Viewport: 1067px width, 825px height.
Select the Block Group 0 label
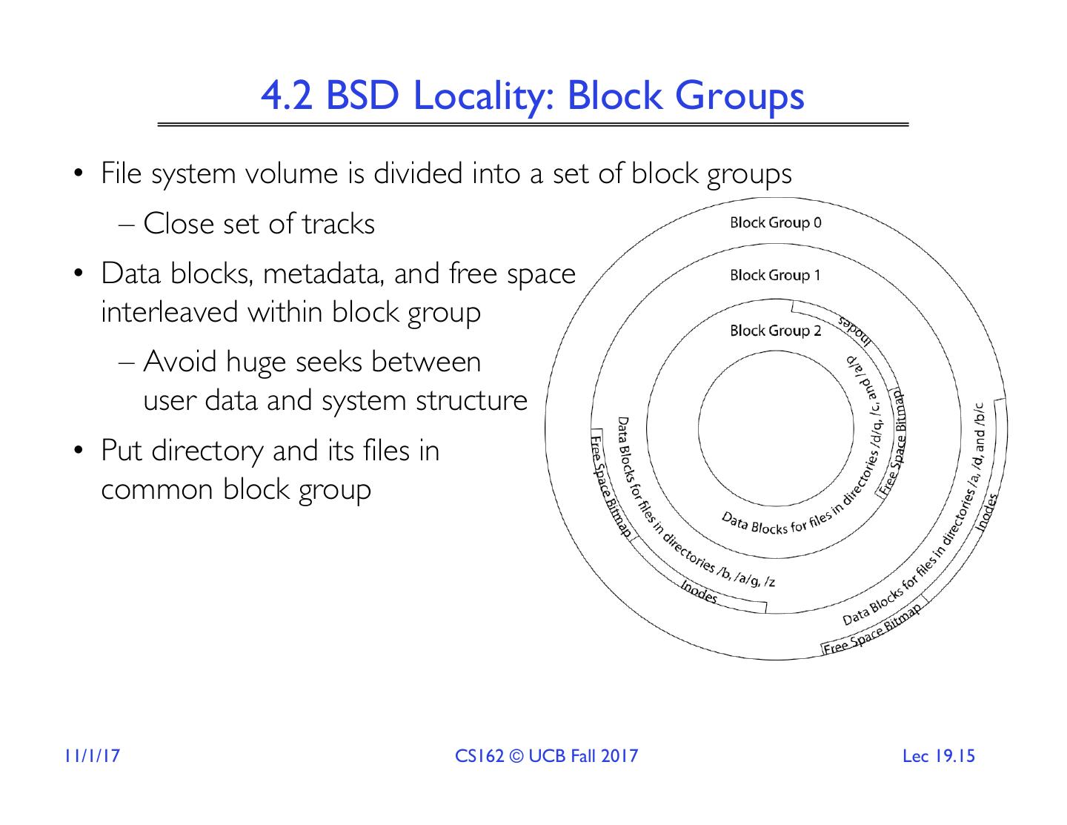pos(775,222)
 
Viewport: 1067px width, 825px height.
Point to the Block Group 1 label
pos(775,275)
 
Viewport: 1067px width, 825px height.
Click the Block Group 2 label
pos(775,331)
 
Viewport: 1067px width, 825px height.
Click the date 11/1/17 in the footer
pos(92,756)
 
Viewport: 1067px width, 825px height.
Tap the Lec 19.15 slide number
pos(939,756)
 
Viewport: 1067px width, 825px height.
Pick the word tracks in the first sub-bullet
pos(339,224)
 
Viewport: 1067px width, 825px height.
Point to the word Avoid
pos(180,362)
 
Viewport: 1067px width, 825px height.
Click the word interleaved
pos(170,312)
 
